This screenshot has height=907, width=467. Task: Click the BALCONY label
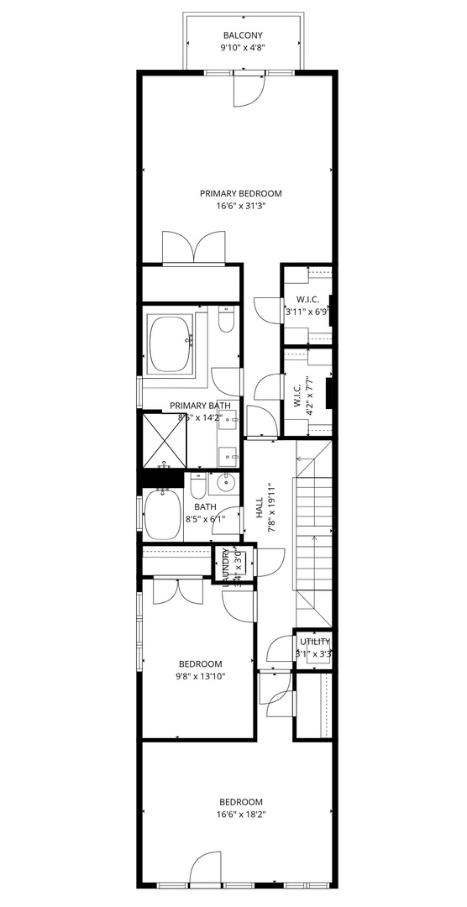[242, 34]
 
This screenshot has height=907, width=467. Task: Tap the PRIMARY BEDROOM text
[240, 193]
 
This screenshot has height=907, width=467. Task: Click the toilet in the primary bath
[225, 322]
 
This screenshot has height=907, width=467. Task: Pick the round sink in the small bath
[226, 484]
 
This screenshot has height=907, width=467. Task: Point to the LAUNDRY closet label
[225, 564]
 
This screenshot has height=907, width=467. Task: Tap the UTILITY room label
[313, 642]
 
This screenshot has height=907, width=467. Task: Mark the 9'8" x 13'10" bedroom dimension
[200, 676]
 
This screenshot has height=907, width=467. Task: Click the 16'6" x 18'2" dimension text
[240, 815]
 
